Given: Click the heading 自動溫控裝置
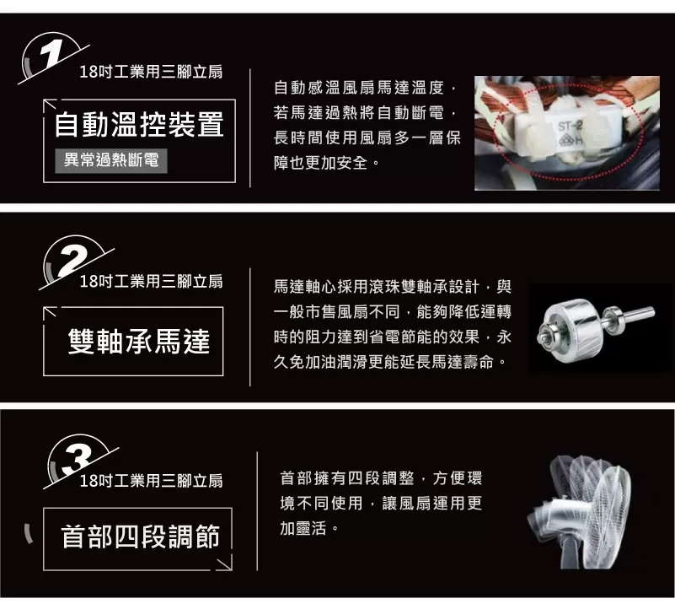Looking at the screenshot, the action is point(139,124).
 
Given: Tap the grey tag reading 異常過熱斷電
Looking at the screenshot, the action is point(111,160).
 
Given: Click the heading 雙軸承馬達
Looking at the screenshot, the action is point(138,341).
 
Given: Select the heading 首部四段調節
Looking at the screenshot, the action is point(141,537).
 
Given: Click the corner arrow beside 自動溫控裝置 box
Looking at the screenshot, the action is point(50,105).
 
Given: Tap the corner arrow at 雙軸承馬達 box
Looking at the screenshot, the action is point(50,312).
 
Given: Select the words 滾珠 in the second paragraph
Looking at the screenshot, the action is point(384,287).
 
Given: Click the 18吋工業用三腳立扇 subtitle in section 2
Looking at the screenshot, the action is point(151,281).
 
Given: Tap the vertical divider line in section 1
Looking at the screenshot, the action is point(250,128).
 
